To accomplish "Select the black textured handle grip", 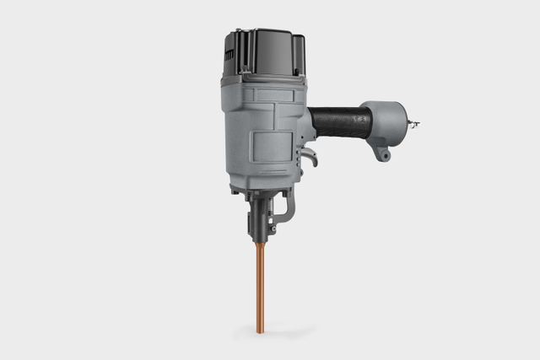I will click(339, 122).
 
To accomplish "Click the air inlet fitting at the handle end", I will click(413, 125).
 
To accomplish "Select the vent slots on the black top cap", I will click(229, 54).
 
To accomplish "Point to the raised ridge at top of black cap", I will click(253, 33).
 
